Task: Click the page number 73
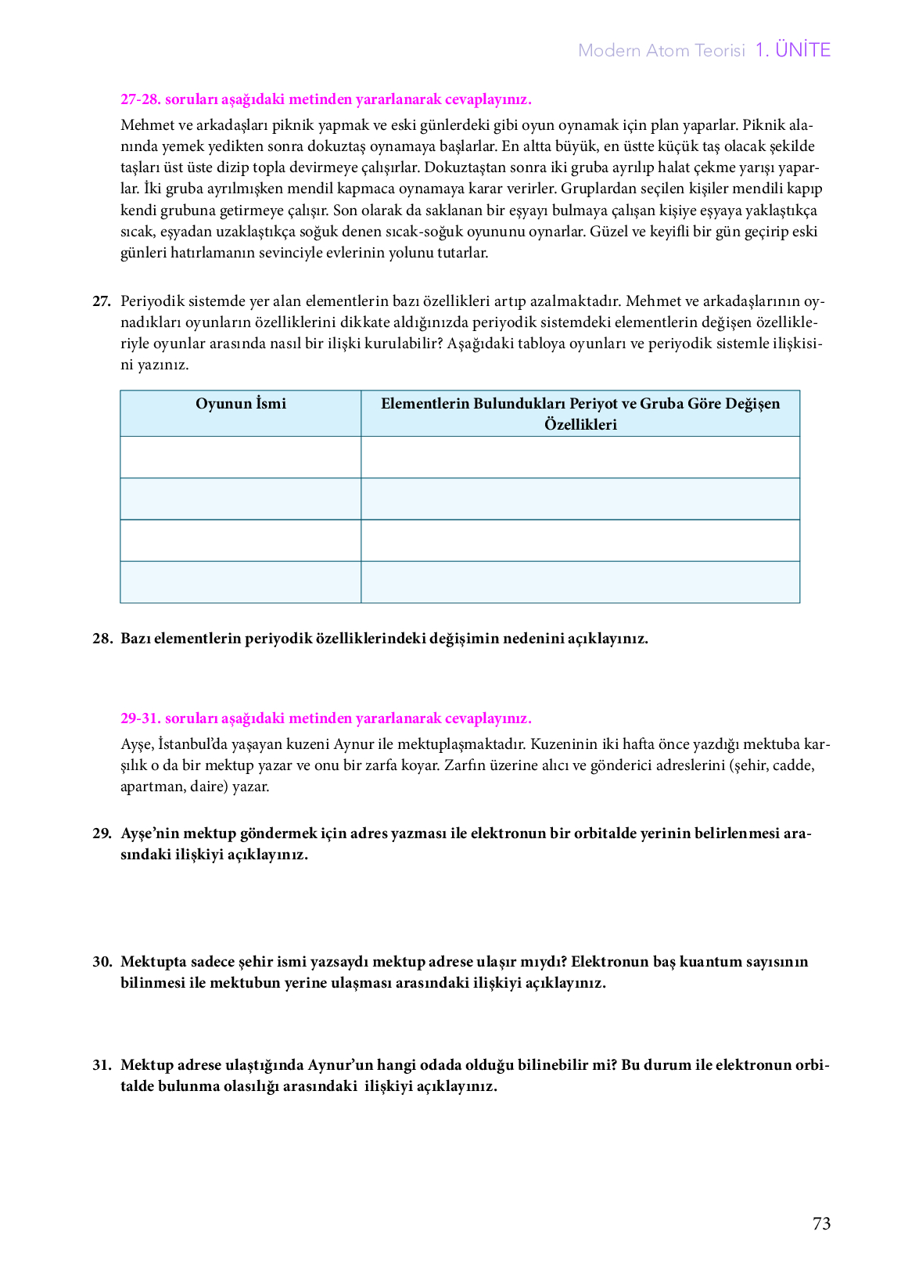click(821, 1224)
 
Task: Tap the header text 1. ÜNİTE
click(792, 50)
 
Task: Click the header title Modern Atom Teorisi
click(661, 51)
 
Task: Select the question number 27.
click(102, 301)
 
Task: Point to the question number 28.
click(102, 639)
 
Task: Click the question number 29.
click(102, 834)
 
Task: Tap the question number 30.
click(102, 962)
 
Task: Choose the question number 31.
click(102, 1065)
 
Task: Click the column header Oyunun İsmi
click(240, 404)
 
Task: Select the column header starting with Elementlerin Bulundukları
click(580, 413)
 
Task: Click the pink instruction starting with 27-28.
click(325, 100)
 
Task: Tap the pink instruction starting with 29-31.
click(325, 718)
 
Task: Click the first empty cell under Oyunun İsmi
click(240, 457)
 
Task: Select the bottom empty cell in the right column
click(580, 582)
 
